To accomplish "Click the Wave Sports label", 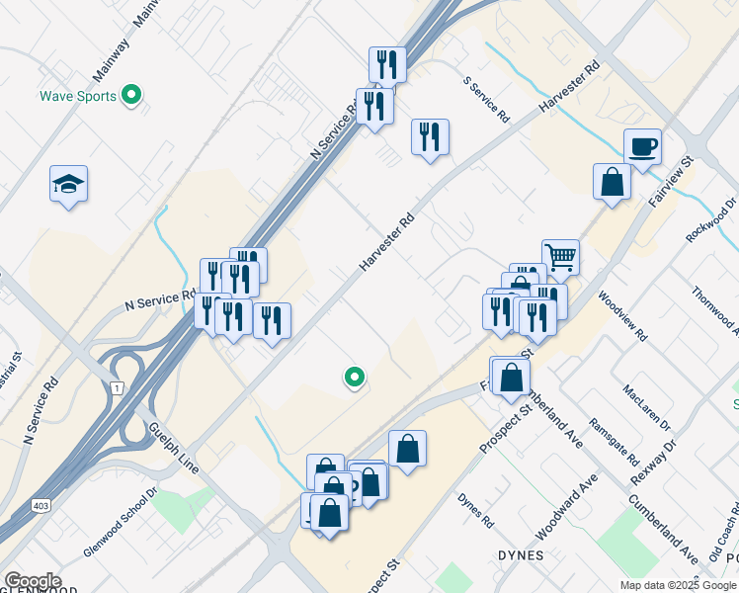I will pyautogui.click(x=77, y=97).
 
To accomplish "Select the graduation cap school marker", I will pyautogui.click(x=68, y=184).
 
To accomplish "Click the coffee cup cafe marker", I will pyautogui.click(x=642, y=147).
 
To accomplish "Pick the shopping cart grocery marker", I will pyautogui.click(x=560, y=257).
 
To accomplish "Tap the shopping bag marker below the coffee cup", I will pyautogui.click(x=613, y=182).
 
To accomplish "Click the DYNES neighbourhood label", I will pyautogui.click(x=521, y=555).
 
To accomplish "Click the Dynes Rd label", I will pyautogui.click(x=475, y=509).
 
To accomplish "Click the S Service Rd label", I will pyautogui.click(x=487, y=100).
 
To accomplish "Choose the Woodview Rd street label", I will pyautogui.click(x=621, y=315).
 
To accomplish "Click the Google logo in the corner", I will pyautogui.click(x=33, y=581).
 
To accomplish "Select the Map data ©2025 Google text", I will pyautogui.click(x=679, y=585).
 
